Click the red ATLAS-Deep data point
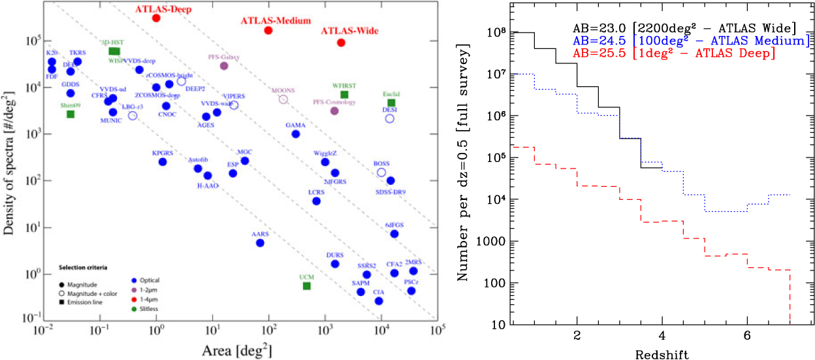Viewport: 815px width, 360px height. [156, 18]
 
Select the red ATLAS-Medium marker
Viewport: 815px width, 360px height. [268, 31]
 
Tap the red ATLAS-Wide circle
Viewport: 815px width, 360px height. [341, 42]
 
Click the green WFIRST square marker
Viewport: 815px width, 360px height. [344, 95]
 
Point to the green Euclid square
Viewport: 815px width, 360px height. [391, 103]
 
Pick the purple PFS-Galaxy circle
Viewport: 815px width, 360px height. [224, 65]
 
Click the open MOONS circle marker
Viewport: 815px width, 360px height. [283, 99]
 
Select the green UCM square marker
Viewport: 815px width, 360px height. [307, 286]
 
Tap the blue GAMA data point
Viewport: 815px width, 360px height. [295, 134]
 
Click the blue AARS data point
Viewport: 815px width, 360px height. [260, 242]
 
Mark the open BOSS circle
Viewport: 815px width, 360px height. [381, 172]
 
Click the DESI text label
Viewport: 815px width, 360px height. [389, 110]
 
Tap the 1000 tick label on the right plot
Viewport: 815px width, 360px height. [493, 242]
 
